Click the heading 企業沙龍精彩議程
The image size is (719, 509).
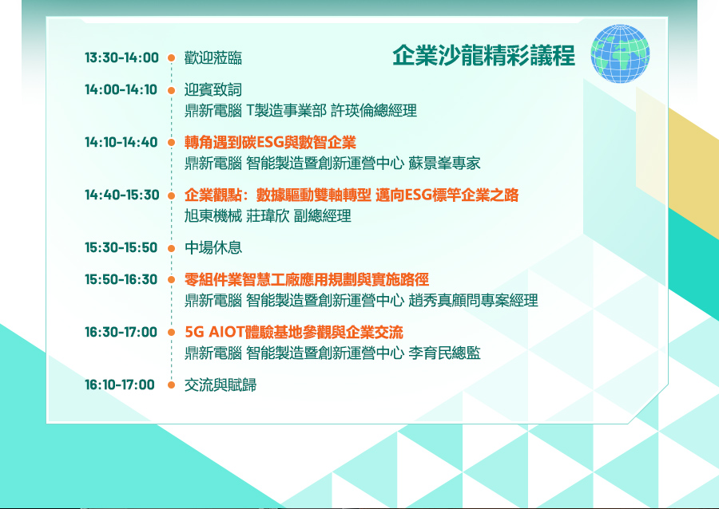click(484, 56)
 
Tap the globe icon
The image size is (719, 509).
click(620, 53)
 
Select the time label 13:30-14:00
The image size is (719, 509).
click(121, 57)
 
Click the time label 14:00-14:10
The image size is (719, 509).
click(121, 89)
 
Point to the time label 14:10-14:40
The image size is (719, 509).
click(121, 142)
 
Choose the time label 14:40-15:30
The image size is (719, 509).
click(122, 195)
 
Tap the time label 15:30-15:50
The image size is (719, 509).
click(121, 247)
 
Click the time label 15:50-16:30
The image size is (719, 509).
click(121, 279)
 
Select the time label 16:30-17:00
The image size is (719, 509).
click(121, 332)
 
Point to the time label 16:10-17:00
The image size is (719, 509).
click(120, 385)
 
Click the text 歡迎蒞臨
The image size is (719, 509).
click(213, 57)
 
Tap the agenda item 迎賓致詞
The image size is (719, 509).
click(213, 89)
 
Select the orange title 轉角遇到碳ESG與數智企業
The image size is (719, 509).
click(270, 142)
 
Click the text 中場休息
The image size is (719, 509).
click(213, 247)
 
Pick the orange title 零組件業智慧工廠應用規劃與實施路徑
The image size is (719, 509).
click(307, 279)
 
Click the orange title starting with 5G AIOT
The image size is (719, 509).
click(294, 332)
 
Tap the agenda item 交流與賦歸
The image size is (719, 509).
click(220, 385)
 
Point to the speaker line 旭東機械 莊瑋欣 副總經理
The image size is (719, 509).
click(268, 215)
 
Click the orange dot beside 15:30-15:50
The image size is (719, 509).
click(172, 249)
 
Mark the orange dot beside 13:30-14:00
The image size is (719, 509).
click(172, 57)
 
